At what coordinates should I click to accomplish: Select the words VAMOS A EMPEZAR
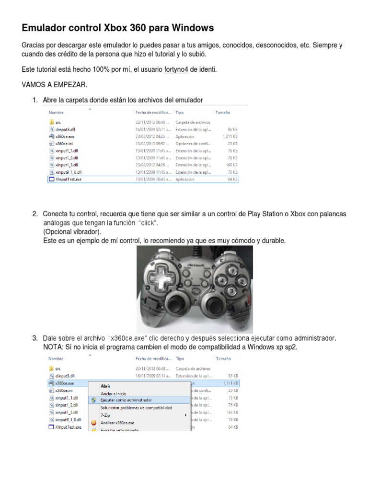pyautogui.click(x=55, y=85)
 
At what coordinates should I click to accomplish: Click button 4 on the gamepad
pyautogui.click(x=220, y=280)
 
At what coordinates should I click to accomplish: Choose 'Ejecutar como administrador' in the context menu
pyautogui.click(x=126, y=400)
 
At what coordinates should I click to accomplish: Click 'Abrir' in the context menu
pyautogui.click(x=105, y=385)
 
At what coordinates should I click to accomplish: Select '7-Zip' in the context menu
pyautogui.click(x=105, y=415)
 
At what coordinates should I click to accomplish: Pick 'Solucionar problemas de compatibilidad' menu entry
pyautogui.click(x=136, y=407)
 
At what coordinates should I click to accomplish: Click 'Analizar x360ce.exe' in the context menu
pyautogui.click(x=117, y=423)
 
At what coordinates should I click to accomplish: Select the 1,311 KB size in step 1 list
pyautogui.click(x=230, y=136)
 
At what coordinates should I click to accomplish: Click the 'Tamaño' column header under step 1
pyautogui.click(x=223, y=112)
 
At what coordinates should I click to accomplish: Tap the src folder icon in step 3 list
pyautogui.click(x=51, y=368)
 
